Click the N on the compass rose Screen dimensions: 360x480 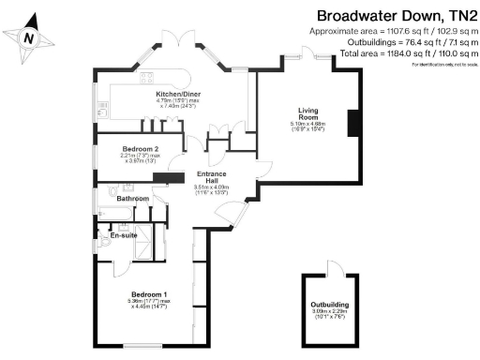[29, 38]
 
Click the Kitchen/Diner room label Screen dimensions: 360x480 [175, 94]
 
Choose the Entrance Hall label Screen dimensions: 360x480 [211, 175]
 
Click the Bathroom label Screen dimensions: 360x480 [132, 199]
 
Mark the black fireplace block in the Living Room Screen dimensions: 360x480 [354, 123]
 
